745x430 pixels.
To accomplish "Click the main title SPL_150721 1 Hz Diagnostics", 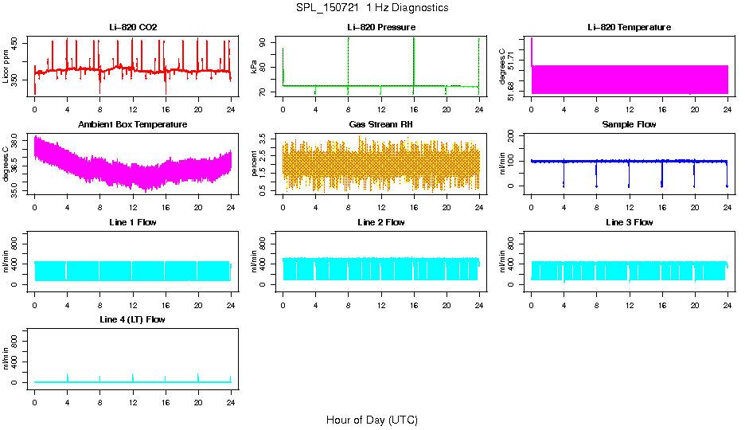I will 371,8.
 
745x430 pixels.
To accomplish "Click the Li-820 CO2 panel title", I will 133,28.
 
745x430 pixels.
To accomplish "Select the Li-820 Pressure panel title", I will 381,28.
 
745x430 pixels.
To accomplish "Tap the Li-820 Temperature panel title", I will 629,28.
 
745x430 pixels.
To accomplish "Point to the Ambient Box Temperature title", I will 133,125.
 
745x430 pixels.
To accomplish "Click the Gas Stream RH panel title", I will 381,125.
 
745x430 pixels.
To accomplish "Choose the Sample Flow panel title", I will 629,125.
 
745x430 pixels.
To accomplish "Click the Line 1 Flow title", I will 133,222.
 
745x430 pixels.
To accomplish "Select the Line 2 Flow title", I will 381,222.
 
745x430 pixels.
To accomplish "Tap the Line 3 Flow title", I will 629,222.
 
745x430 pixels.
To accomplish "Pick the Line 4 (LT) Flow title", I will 133,319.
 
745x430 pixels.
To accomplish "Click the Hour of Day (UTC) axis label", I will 372,420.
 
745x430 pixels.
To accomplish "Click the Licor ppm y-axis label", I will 6,66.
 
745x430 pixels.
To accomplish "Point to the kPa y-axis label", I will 254,66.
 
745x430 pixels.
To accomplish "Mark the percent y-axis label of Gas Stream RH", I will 254,163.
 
